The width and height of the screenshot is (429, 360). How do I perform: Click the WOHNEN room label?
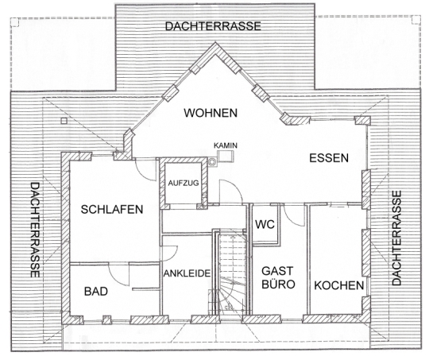(x=211, y=113)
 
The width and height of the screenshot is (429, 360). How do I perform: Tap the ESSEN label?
(x=329, y=158)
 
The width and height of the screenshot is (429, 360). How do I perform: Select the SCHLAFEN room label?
(x=112, y=210)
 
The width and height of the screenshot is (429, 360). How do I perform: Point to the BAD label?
(x=96, y=292)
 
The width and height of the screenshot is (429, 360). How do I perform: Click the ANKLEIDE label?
(x=187, y=273)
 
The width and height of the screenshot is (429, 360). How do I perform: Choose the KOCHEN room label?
(x=338, y=285)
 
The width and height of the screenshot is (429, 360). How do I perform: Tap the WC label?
(x=265, y=224)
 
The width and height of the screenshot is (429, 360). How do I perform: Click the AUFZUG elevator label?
(x=184, y=183)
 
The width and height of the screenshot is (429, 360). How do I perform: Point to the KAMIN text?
(x=226, y=145)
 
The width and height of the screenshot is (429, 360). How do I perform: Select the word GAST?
(x=277, y=271)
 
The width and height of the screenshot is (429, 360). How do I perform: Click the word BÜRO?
(x=278, y=285)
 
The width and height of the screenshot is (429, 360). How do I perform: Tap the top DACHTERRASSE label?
(x=213, y=26)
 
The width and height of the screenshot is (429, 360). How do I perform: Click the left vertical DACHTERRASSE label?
(x=35, y=230)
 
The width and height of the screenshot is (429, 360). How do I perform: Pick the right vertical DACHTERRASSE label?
(x=396, y=238)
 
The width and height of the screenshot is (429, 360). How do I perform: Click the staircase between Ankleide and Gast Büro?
(x=231, y=273)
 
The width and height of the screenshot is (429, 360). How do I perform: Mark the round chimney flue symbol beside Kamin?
(x=212, y=162)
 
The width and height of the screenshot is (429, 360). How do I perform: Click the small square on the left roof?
(x=64, y=121)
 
